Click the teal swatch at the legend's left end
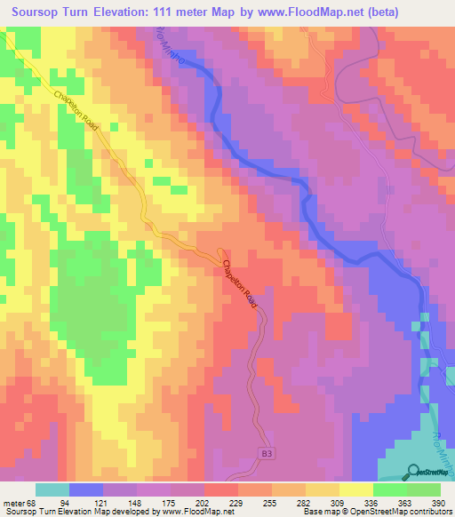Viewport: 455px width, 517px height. tap(52, 489)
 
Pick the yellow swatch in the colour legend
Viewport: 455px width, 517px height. tap(355, 489)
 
